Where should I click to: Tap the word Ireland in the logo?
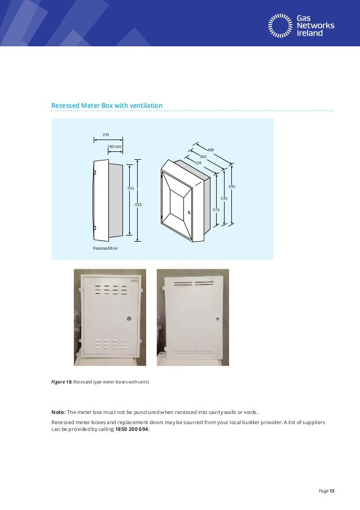click(311, 33)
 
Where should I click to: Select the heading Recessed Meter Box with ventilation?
click(107, 106)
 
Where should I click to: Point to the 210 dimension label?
click(105, 134)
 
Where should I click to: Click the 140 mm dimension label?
click(115, 146)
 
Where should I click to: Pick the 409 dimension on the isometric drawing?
click(210, 150)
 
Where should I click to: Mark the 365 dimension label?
click(203, 156)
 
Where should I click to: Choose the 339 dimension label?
click(197, 163)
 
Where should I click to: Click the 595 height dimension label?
click(231, 186)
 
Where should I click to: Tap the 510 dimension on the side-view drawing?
click(130, 188)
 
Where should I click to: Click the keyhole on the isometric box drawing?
click(189, 212)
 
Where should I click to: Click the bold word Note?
click(59, 412)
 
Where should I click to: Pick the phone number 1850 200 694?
click(133, 429)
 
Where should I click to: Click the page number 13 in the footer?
click(332, 491)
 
